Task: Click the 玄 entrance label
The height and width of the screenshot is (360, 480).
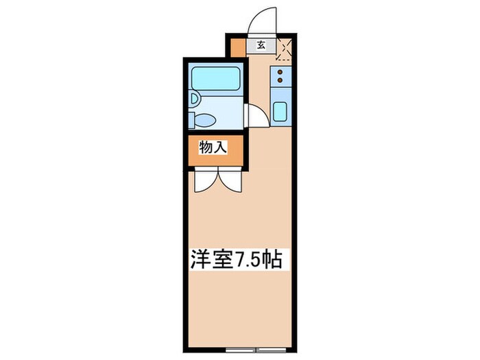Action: click(261, 47)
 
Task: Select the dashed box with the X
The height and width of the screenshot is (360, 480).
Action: click(285, 49)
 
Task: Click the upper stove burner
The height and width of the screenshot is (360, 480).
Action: click(280, 72)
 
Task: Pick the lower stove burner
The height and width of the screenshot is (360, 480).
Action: click(280, 82)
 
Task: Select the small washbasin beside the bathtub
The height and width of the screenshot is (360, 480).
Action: click(195, 100)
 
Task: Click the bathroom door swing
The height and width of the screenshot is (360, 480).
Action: click(254, 118)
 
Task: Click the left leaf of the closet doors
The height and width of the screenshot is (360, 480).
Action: click(204, 180)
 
